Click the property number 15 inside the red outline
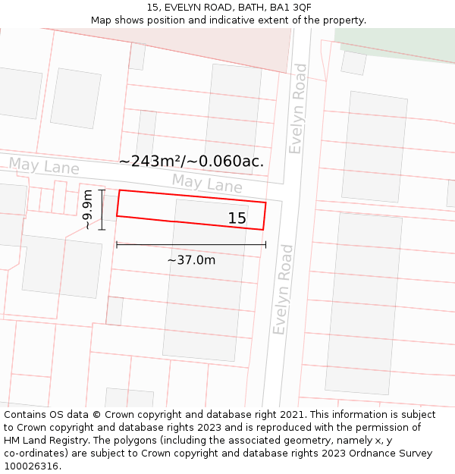click(x=237, y=218)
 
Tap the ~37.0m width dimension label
click(x=191, y=260)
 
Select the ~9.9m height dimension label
click(x=88, y=209)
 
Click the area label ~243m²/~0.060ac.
click(x=191, y=161)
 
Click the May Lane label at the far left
click(x=43, y=166)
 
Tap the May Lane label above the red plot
click(x=207, y=183)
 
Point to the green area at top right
click(x=394, y=42)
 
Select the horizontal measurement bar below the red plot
click(x=191, y=244)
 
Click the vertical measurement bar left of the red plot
click(x=102, y=209)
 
